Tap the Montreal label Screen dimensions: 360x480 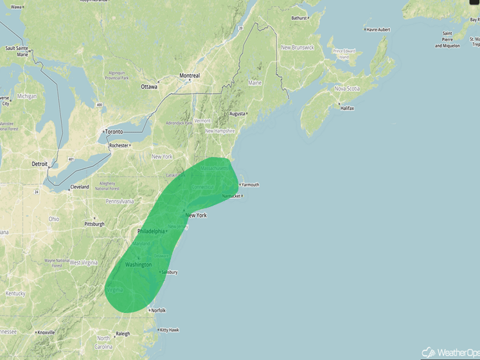tap(189, 76)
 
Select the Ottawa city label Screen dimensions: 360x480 tap(149, 86)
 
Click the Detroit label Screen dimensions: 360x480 tap(40, 164)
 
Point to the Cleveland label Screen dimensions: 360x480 tap(80, 187)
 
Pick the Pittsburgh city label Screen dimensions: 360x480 tap(94, 224)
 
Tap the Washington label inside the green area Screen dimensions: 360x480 tap(138, 265)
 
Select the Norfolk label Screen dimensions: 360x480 tap(158, 310)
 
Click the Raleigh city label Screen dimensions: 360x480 tap(122, 334)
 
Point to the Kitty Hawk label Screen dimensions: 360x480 tap(170, 330)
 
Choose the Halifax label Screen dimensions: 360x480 tap(347, 108)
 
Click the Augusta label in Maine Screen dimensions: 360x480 tap(237, 113)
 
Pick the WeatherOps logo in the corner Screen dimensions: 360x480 tap(450, 352)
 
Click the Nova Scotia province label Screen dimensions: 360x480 tap(346, 89)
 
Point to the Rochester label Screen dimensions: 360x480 tap(118, 145)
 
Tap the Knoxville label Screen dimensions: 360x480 tap(46, 332)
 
